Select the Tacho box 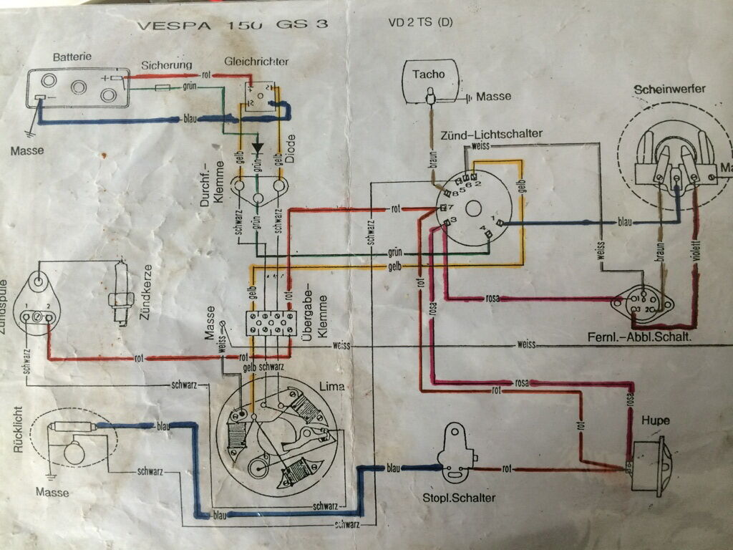429,85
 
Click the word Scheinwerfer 669,89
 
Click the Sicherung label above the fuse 166,65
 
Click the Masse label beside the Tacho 493,97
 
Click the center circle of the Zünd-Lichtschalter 472,209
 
